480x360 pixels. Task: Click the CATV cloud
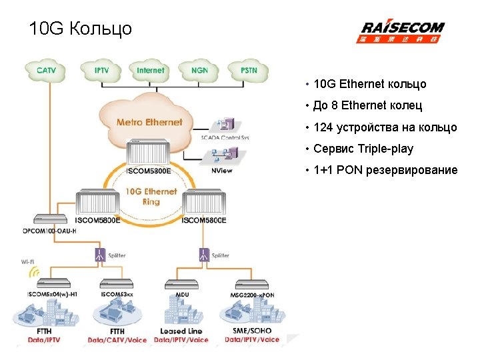(x=46, y=69)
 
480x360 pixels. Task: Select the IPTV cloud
(x=102, y=69)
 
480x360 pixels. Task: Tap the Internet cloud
(x=151, y=69)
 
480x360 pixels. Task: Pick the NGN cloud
(x=199, y=69)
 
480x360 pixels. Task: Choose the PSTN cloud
(x=249, y=69)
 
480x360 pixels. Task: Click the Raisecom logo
(x=402, y=31)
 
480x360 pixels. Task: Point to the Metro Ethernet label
(x=149, y=122)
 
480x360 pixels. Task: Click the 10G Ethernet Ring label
(x=151, y=196)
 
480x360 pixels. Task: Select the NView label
(x=222, y=170)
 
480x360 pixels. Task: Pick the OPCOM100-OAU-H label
(x=47, y=231)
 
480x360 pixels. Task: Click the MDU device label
(x=182, y=294)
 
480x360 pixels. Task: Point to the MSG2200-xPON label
(x=253, y=294)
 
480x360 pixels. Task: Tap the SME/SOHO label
(x=252, y=331)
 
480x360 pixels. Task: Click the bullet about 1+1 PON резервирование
(x=385, y=170)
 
